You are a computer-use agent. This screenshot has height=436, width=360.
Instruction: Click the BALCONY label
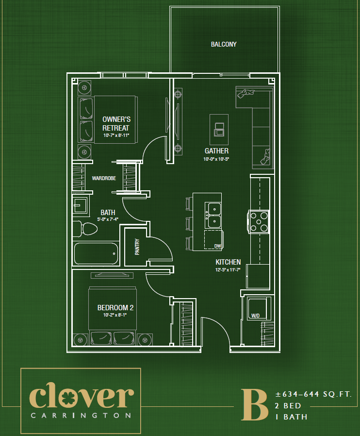(x=224, y=44)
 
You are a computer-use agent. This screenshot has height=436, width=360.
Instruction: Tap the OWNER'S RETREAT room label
(x=116, y=123)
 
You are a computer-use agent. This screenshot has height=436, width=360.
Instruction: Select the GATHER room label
(x=216, y=151)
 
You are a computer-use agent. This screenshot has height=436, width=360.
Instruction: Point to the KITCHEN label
(x=228, y=262)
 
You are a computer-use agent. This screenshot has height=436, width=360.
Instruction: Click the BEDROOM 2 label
(x=115, y=307)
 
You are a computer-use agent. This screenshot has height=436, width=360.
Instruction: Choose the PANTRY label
(x=137, y=246)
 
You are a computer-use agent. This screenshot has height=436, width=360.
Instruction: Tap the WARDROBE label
(x=104, y=178)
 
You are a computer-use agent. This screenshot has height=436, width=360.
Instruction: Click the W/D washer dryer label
(x=255, y=316)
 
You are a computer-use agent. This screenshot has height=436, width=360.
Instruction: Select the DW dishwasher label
(x=218, y=246)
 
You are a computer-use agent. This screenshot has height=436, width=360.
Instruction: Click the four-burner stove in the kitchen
(x=259, y=221)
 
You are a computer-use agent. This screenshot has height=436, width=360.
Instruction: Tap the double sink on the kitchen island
(x=213, y=215)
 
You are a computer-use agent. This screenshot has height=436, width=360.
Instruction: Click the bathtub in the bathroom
(x=96, y=253)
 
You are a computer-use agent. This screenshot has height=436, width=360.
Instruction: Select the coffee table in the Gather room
(x=219, y=127)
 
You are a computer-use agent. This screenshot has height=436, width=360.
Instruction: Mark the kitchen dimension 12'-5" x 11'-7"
(x=228, y=270)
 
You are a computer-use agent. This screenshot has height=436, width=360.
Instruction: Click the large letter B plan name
(x=254, y=404)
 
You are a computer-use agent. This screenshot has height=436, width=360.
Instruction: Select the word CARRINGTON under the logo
(x=81, y=416)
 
